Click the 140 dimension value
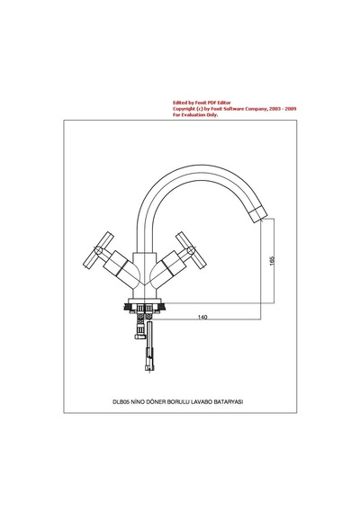click(x=202, y=317)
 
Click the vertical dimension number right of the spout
click(x=272, y=261)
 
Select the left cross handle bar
click(x=98, y=250)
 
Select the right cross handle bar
click(x=191, y=250)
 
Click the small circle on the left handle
click(x=98, y=250)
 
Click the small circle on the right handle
click(x=191, y=250)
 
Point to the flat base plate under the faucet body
click(x=145, y=301)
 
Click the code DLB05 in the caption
click(x=121, y=402)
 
